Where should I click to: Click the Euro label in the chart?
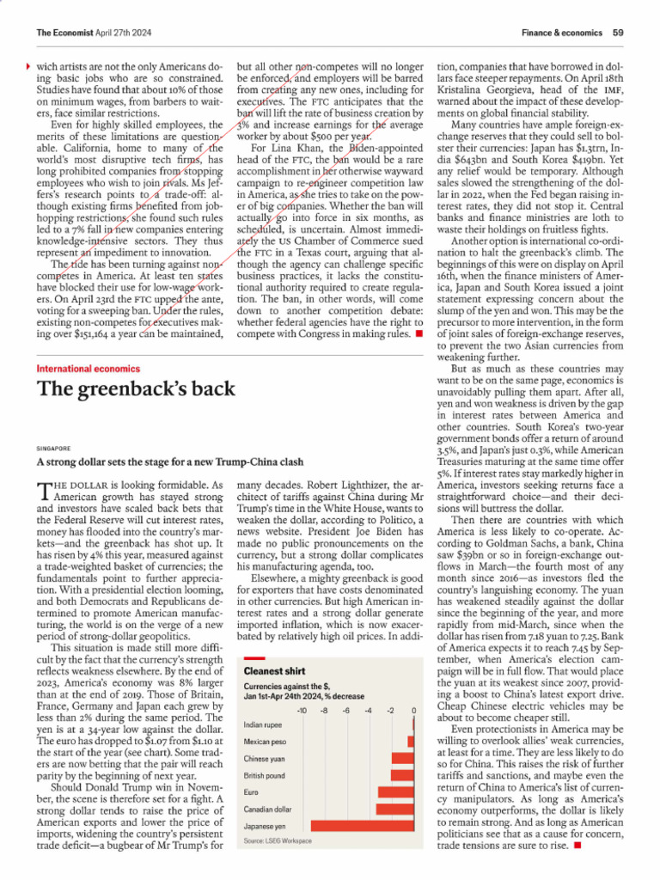[251, 791]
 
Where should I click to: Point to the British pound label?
[264, 775]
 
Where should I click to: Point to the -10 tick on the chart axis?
[302, 710]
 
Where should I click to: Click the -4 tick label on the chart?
[368, 710]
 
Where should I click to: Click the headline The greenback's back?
[135, 389]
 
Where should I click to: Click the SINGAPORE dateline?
[53, 448]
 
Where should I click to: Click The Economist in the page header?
[64, 32]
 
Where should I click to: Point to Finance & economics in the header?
[561, 32]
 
